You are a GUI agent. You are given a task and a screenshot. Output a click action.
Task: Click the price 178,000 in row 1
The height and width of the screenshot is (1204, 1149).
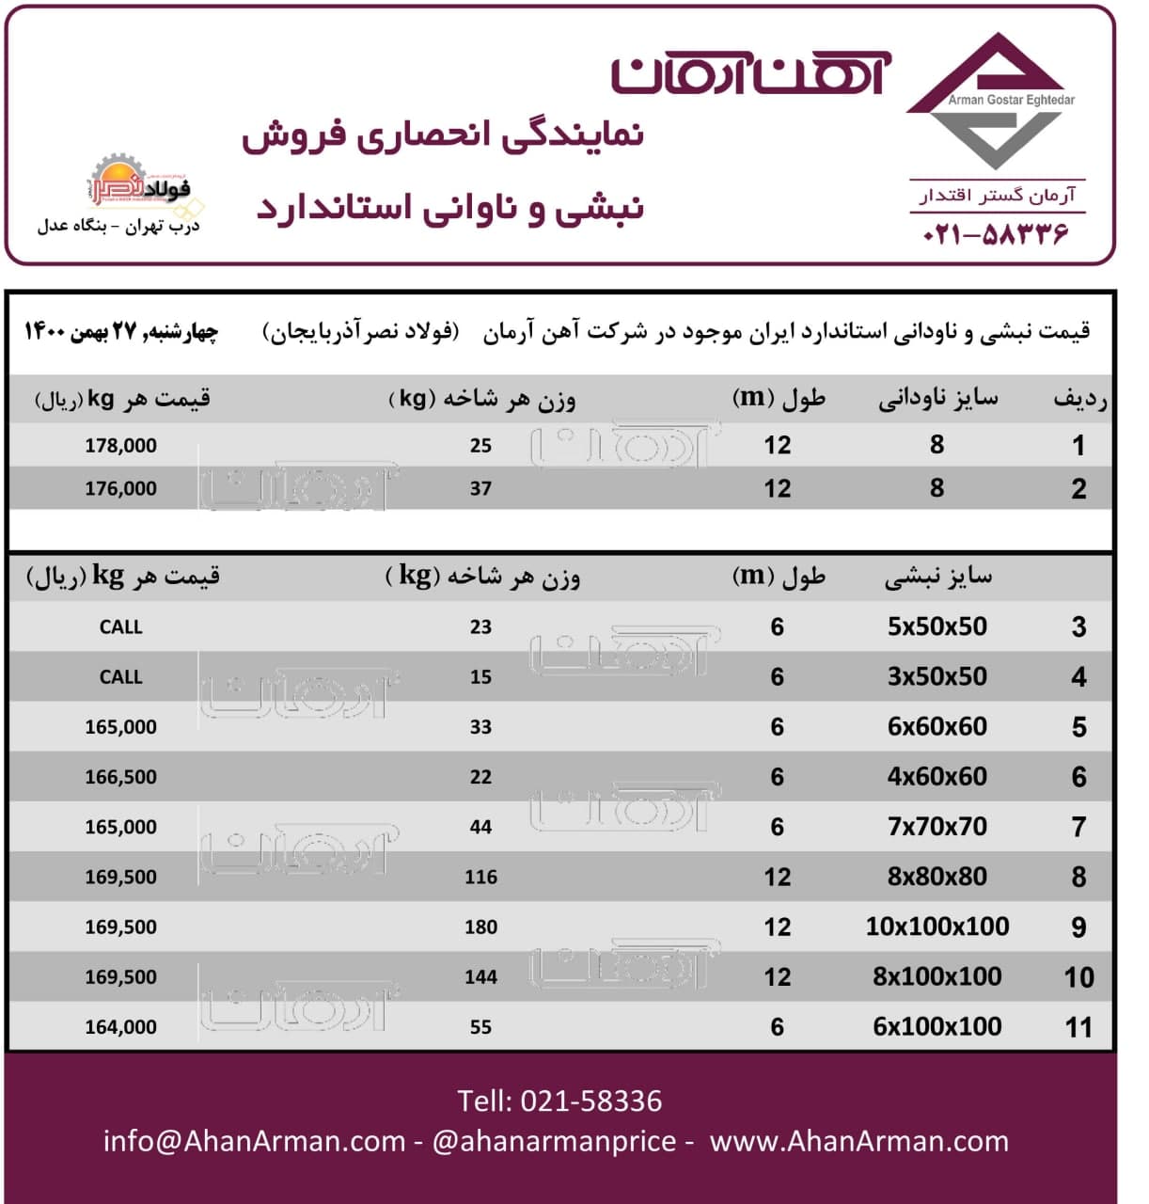[120, 446]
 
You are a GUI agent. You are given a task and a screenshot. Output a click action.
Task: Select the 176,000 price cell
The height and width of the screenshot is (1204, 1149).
[120, 489]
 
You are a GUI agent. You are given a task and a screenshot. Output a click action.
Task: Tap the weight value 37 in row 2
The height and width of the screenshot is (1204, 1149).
[480, 489]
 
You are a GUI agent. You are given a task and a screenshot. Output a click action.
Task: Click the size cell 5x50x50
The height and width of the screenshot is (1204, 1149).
[937, 627]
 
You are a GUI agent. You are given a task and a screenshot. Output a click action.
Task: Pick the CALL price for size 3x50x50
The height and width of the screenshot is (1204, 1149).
[120, 677]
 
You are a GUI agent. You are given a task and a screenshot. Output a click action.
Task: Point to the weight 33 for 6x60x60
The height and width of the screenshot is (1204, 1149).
[480, 727]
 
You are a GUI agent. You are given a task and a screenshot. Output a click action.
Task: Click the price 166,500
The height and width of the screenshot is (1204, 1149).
[120, 777]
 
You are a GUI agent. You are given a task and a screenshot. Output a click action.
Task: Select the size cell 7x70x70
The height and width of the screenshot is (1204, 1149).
[937, 827]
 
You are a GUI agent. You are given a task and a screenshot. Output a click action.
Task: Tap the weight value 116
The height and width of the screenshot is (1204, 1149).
[480, 877]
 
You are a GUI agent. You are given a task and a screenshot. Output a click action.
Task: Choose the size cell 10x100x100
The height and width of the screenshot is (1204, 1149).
[937, 927]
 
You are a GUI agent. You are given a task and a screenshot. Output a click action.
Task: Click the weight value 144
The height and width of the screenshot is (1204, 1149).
[480, 976]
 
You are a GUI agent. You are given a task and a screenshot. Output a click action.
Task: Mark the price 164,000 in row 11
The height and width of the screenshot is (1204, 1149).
[120, 1027]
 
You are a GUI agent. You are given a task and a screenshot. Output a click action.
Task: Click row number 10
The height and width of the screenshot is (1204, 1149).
[1078, 977]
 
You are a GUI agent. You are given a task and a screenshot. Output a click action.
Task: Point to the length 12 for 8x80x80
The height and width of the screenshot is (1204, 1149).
[777, 877]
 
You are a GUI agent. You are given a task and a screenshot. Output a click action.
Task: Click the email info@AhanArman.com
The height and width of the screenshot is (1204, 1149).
[254, 1141]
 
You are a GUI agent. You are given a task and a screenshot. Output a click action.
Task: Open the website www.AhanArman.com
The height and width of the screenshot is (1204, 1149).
[858, 1141]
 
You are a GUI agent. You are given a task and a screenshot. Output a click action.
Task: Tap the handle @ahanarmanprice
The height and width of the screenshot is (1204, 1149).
[554, 1141]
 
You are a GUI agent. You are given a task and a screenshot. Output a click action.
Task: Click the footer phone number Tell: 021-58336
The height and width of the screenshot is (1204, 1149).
[559, 1101]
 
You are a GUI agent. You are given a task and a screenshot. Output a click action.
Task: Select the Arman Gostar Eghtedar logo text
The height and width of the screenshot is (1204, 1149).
[1011, 100]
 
